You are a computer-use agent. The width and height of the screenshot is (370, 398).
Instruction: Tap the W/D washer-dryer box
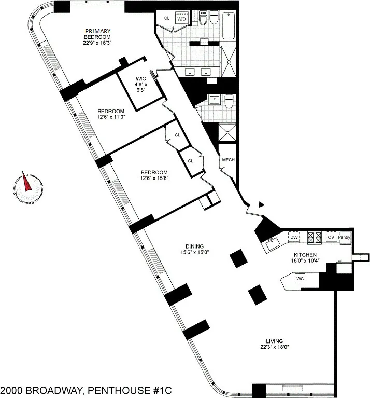click(x=182, y=19)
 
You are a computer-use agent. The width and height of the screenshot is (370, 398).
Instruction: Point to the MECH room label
click(x=228, y=160)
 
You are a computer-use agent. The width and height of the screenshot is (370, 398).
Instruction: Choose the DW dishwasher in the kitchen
click(x=294, y=237)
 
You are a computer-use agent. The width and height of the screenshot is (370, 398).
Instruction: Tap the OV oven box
click(x=331, y=237)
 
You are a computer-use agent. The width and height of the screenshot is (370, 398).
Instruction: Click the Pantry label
click(x=345, y=237)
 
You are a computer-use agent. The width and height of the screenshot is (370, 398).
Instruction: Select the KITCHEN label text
click(x=306, y=255)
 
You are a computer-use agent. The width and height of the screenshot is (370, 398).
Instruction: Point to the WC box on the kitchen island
click(x=300, y=279)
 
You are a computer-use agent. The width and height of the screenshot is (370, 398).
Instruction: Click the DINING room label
click(x=194, y=246)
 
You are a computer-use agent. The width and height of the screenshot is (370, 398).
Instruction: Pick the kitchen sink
click(x=273, y=243)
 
